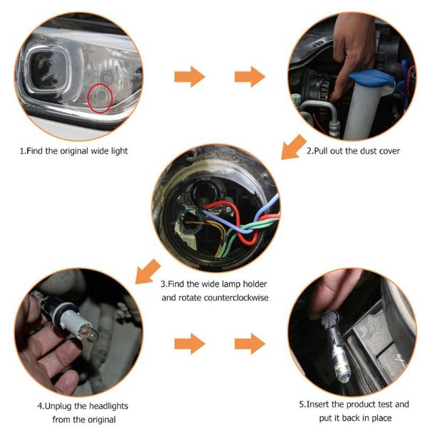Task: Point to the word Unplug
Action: (59, 406)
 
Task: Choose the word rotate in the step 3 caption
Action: (175, 297)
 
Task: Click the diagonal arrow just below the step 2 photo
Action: (292, 149)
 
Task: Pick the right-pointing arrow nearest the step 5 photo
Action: (249, 344)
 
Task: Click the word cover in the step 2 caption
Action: (389, 151)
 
